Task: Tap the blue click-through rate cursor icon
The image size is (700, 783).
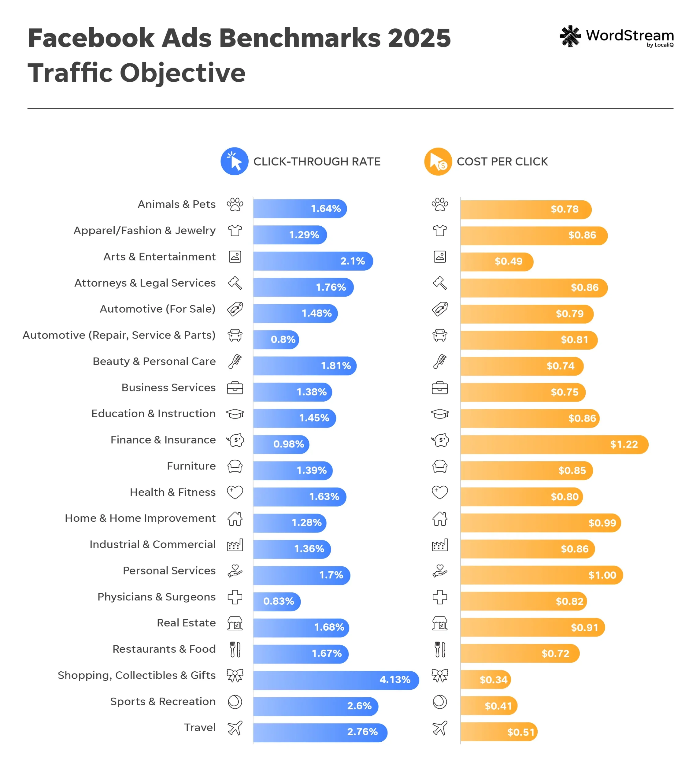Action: [x=234, y=161]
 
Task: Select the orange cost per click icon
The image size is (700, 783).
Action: [x=438, y=161]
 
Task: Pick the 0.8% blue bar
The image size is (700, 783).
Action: [x=276, y=340]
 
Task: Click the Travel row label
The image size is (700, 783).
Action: [x=200, y=727]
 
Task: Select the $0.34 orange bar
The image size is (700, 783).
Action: [x=485, y=680]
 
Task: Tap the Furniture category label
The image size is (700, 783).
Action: [x=191, y=466]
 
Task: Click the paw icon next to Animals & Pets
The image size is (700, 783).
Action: [x=235, y=204]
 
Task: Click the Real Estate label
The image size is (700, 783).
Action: [x=186, y=623]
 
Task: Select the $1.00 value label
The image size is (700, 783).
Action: [x=602, y=575]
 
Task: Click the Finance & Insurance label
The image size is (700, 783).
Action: [x=163, y=440]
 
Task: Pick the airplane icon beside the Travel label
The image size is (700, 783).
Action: [x=235, y=728]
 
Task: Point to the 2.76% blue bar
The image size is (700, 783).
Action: [x=320, y=732]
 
